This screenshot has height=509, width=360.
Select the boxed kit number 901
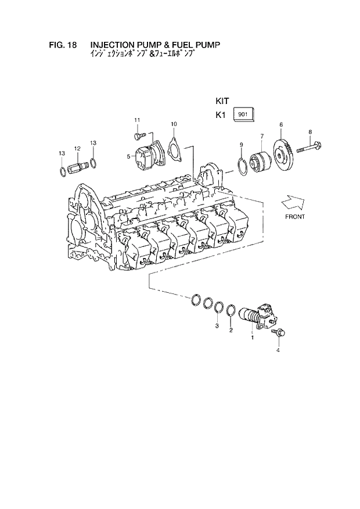tap(243, 114)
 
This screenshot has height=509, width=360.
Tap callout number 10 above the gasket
tap(174, 124)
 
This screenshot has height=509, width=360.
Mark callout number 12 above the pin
tap(77, 149)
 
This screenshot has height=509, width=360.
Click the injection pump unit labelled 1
tap(260, 316)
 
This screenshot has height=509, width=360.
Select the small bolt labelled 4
tap(280, 335)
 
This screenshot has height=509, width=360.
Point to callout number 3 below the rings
tap(217, 326)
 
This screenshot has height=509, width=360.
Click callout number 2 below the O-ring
tap(231, 331)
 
